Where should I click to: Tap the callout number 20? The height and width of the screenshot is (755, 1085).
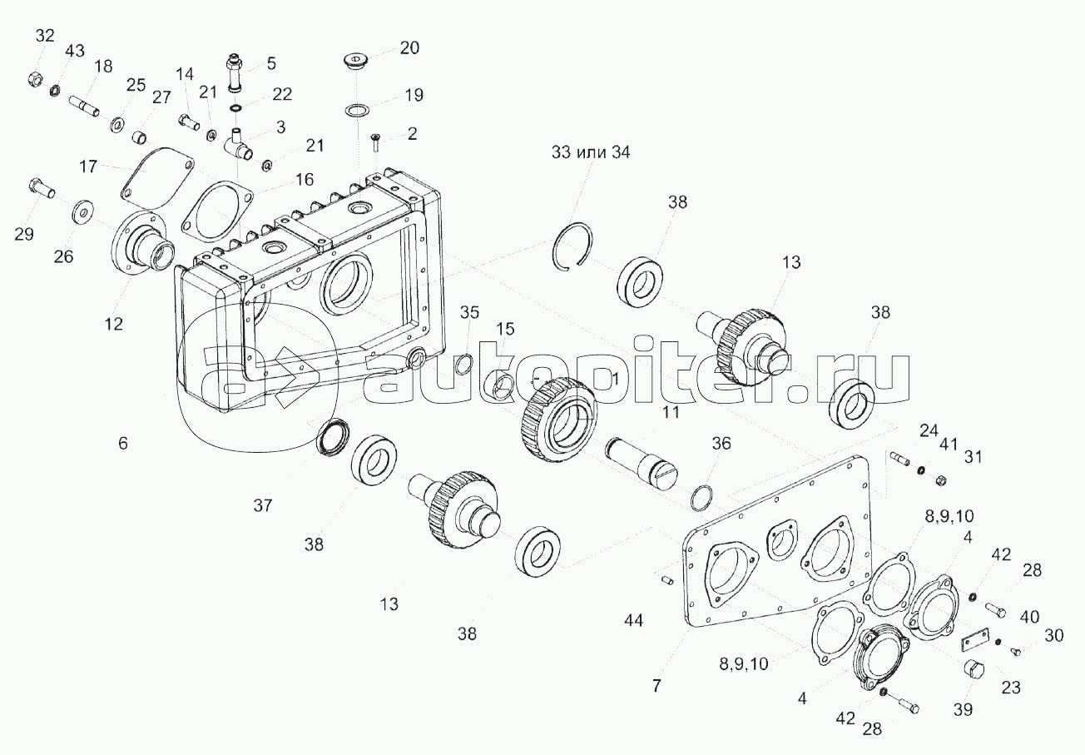(409, 48)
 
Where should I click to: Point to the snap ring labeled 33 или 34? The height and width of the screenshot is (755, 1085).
(572, 246)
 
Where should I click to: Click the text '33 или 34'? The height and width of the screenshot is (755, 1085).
(591, 152)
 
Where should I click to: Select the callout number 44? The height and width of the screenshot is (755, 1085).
(633, 620)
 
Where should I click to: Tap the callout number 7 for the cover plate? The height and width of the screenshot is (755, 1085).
(656, 686)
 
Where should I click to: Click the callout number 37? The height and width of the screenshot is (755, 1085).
(263, 505)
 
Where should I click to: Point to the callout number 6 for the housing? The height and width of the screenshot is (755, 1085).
(123, 443)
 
